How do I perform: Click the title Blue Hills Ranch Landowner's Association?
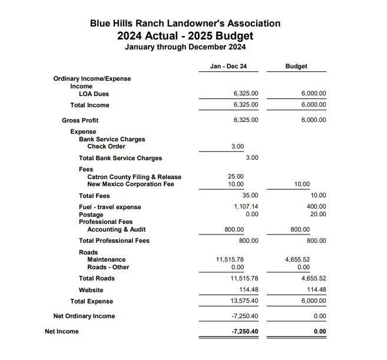coord(185,24)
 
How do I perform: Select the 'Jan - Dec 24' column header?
coord(228,67)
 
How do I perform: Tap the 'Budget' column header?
coord(296,67)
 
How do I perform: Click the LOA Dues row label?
coord(94,94)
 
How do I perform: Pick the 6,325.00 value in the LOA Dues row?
coord(246,94)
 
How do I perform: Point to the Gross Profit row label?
coord(80,120)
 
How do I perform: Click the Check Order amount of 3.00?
coord(237,146)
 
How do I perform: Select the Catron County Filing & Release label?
coord(134,177)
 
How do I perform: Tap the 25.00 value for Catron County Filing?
coord(236,176)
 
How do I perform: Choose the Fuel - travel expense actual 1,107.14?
coord(246,207)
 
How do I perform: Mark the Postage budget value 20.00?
coord(318,214)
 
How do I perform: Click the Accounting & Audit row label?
coord(116,230)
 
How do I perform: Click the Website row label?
coord(91,290)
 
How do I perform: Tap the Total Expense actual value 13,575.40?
coord(244,301)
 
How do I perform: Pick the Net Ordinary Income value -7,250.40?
coord(245,316)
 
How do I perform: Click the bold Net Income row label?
coord(61,332)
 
